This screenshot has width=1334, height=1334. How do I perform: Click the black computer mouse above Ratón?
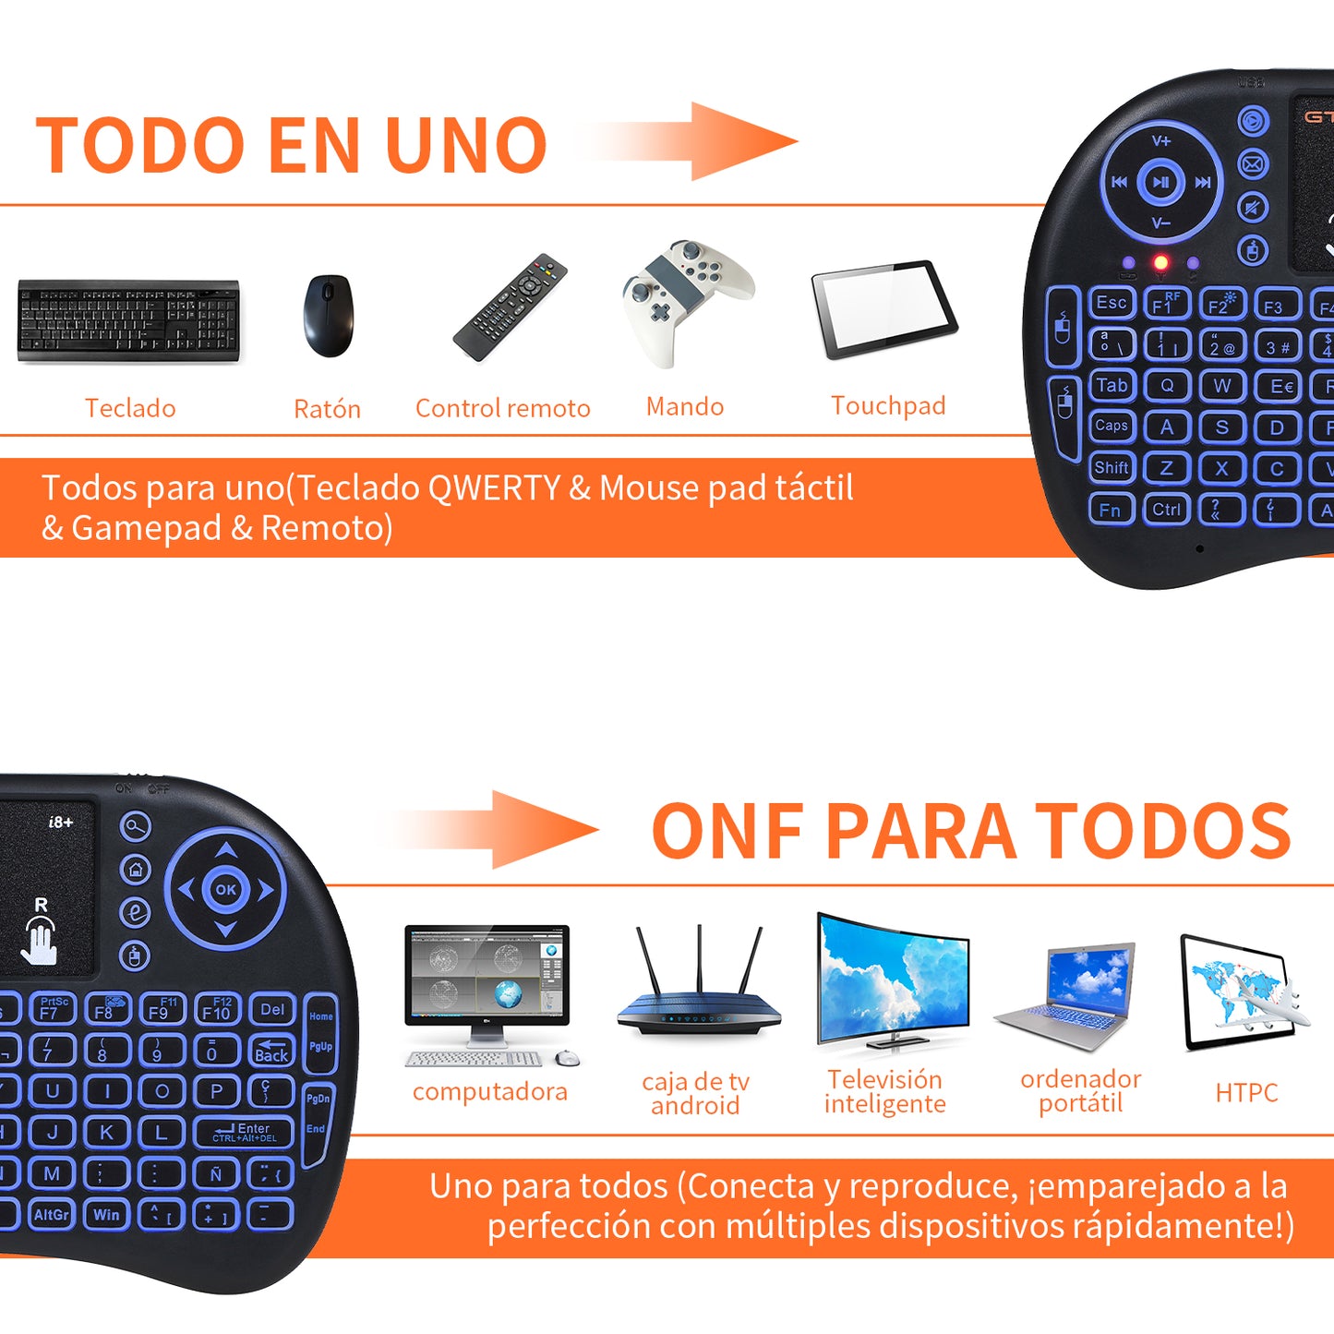point(328,316)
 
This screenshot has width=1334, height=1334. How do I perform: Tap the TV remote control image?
point(510,306)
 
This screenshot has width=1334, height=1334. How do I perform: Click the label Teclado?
point(130,408)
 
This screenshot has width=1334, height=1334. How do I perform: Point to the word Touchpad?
point(888,406)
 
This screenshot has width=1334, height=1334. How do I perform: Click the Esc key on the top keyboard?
point(1112,303)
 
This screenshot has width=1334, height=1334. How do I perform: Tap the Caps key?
point(1112,426)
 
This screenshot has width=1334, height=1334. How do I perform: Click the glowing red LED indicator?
point(1161,263)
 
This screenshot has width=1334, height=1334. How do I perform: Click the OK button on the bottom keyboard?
point(226,890)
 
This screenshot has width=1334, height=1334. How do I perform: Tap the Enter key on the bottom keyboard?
point(244,1132)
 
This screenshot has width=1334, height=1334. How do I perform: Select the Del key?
point(272,1010)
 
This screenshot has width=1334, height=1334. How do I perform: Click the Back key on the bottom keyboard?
point(271,1051)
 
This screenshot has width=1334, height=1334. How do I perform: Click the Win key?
point(106,1215)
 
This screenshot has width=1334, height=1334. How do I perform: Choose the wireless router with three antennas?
point(699,988)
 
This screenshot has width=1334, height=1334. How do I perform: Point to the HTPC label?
point(1246,1093)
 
